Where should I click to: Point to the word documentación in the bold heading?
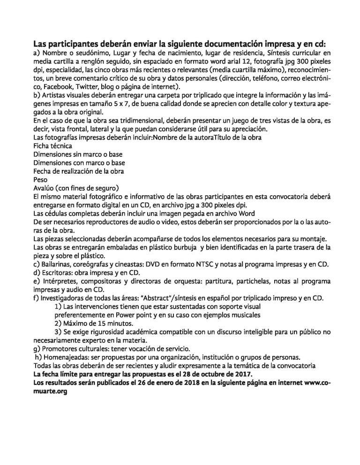point(200,44)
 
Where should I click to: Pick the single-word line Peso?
point(41,179)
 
